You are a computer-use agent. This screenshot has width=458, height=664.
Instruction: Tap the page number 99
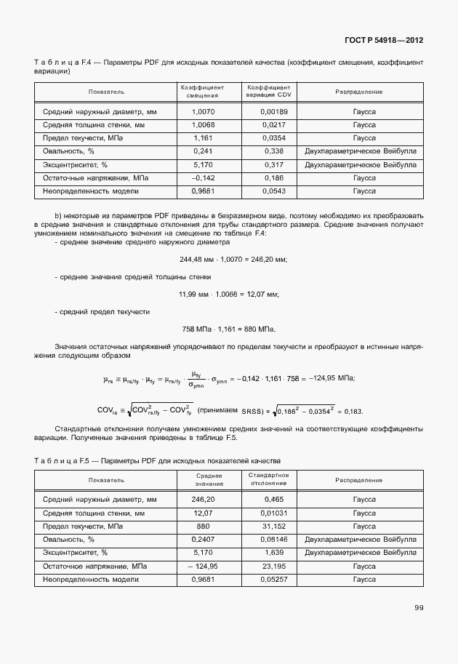[x=419, y=608]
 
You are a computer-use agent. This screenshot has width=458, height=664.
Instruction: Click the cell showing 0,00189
[x=274, y=112]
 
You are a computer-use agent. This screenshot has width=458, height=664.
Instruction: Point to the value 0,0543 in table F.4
[x=274, y=191]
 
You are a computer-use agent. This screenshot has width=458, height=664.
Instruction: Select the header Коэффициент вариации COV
[x=269, y=92]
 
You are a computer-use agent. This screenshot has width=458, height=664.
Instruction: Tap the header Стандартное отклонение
[x=269, y=479]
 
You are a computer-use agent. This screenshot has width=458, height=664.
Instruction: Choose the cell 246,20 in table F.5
[x=203, y=500]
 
